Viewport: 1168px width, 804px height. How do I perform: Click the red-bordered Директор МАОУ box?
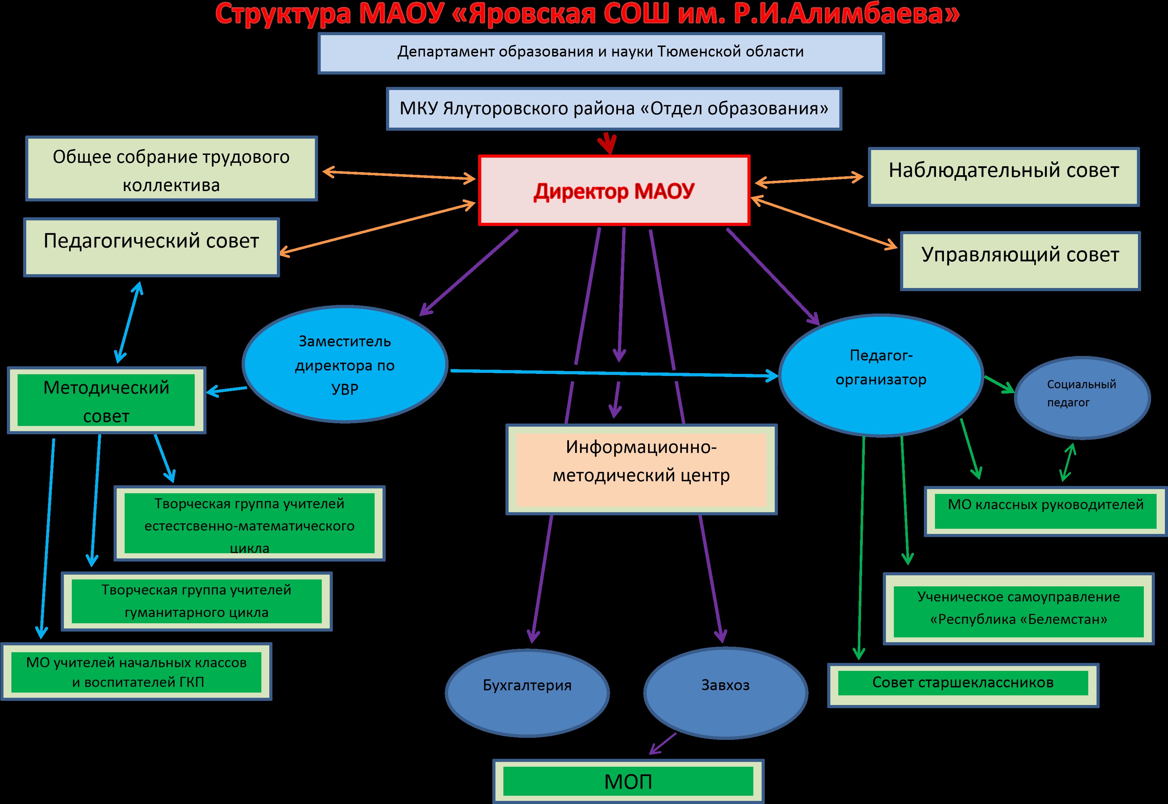(x=614, y=190)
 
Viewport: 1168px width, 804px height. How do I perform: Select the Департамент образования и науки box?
(x=601, y=53)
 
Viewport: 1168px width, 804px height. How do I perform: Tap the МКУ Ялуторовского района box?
(x=614, y=109)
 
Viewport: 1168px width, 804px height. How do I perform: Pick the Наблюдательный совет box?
(x=1003, y=177)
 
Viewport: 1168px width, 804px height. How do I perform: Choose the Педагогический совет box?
(x=151, y=247)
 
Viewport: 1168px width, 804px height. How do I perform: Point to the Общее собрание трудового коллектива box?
(x=171, y=169)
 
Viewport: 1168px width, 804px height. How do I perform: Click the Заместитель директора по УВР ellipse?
(x=345, y=365)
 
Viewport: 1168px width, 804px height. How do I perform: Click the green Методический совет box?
(x=106, y=400)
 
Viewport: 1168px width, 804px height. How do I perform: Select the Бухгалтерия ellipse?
(x=527, y=692)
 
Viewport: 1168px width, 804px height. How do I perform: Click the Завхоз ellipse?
(x=725, y=692)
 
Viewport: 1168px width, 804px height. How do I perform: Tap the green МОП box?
(x=628, y=781)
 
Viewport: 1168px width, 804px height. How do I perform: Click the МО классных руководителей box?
(x=1045, y=511)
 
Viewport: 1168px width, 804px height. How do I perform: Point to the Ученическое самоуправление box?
(x=1018, y=608)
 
